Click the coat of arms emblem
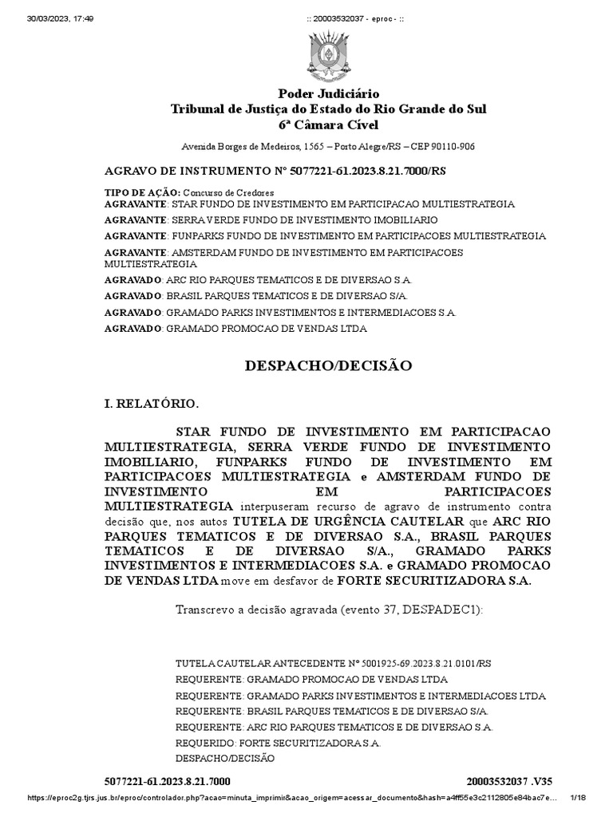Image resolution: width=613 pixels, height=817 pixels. point(328,53)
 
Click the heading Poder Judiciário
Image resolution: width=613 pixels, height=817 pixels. point(328,94)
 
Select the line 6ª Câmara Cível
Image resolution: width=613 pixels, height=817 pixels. point(328,125)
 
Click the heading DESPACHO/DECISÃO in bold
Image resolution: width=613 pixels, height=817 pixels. point(328,365)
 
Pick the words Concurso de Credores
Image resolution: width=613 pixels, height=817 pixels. point(228,192)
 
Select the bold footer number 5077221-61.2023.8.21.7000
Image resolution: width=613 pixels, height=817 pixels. point(168,780)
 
